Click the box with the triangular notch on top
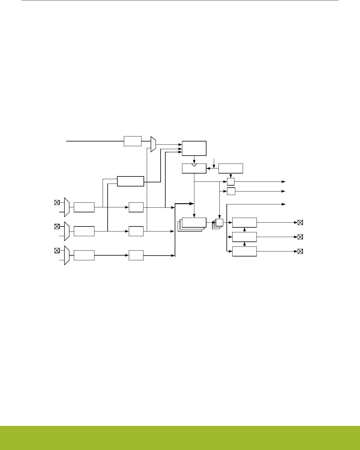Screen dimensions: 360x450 pos(194,169)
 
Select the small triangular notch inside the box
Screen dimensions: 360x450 pos(194,165)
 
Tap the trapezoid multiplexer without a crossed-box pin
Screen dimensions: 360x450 pos(153,144)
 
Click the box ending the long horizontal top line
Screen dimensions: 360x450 pos(132,141)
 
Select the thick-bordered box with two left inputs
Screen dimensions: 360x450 pos(130,181)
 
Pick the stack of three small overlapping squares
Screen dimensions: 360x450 pos(218,224)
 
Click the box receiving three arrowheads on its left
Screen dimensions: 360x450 pos(194,148)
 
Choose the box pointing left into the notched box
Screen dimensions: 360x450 pos(231,168)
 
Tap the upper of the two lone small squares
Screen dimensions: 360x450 pos(231,181)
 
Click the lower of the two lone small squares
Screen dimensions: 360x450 pos(231,191)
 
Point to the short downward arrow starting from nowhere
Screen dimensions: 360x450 pos(214,162)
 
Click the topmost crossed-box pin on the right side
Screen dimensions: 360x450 pos(300,222)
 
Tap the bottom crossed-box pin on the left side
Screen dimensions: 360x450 pos(57,251)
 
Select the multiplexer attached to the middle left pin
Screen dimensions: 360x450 pos(67,231)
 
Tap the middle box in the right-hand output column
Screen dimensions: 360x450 pos(244,237)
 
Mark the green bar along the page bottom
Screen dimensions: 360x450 pos(180,438)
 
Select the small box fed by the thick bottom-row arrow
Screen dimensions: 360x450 pos(136,255)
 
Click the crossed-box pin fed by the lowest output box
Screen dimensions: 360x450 pos(300,251)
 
